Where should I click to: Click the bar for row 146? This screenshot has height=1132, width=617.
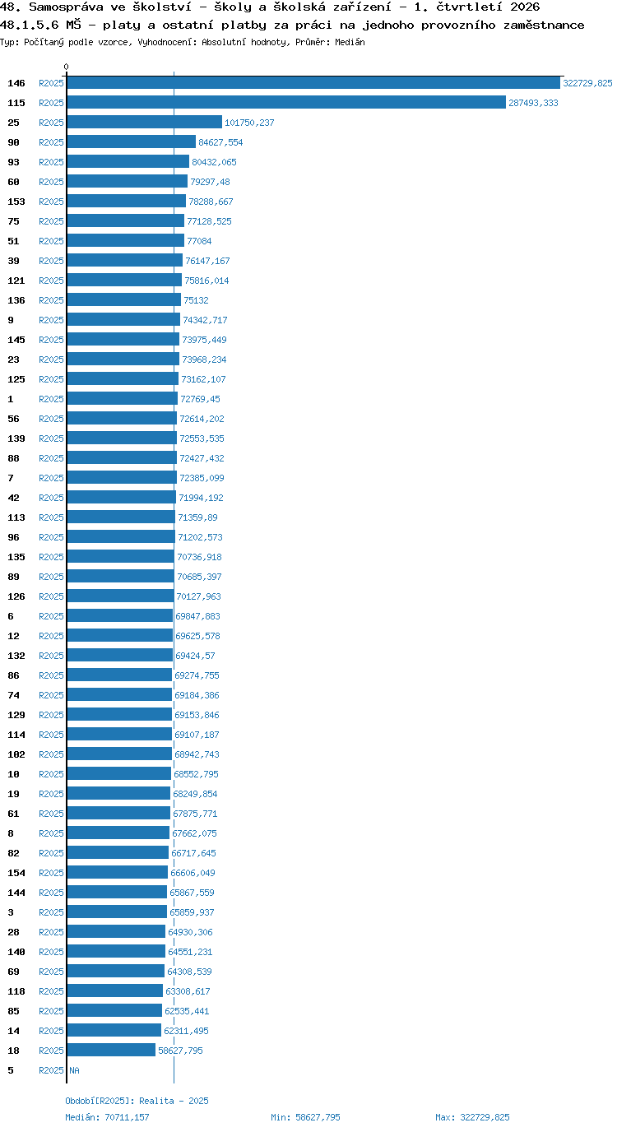(313, 83)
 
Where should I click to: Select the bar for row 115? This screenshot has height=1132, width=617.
(286, 103)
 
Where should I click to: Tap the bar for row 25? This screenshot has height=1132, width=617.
(145, 123)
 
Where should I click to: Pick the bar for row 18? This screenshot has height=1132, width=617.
(111, 1050)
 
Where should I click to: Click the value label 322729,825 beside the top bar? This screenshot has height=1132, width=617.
(587, 83)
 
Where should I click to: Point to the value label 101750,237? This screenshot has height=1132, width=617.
(249, 123)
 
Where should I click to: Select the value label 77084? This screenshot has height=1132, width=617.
(199, 241)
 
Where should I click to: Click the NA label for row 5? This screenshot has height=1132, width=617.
(74, 1070)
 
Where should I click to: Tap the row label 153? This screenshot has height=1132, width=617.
(16, 202)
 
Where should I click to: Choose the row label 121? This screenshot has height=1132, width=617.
(16, 281)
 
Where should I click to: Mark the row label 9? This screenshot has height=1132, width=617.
(11, 320)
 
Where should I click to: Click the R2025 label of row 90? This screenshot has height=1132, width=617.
(51, 142)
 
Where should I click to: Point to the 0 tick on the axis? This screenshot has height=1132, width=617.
(66, 67)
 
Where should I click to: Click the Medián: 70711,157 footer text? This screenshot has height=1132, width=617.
(107, 1117)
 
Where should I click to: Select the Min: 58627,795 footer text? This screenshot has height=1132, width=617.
(305, 1117)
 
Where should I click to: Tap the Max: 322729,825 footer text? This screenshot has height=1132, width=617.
(472, 1117)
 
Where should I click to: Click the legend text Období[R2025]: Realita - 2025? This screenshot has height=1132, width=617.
(137, 1101)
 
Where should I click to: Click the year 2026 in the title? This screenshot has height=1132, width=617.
(525, 7)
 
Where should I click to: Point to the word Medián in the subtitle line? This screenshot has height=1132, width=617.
(350, 42)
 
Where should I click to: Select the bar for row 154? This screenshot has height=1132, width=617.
(118, 872)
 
